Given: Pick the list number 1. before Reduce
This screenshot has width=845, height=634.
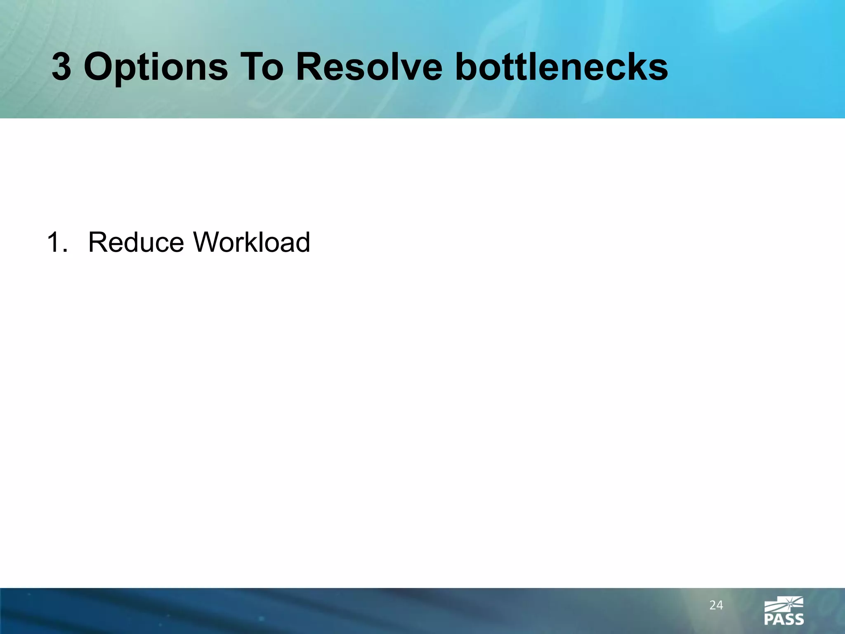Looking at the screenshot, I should (57, 242).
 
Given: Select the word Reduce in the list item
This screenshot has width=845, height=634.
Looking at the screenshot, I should (136, 242).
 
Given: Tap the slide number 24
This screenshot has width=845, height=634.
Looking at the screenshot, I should (716, 605).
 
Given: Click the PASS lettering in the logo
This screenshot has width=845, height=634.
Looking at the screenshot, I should (784, 620).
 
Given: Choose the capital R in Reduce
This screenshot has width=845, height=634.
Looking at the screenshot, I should (98, 242).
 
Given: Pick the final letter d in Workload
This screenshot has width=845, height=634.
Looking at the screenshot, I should (301, 242).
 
